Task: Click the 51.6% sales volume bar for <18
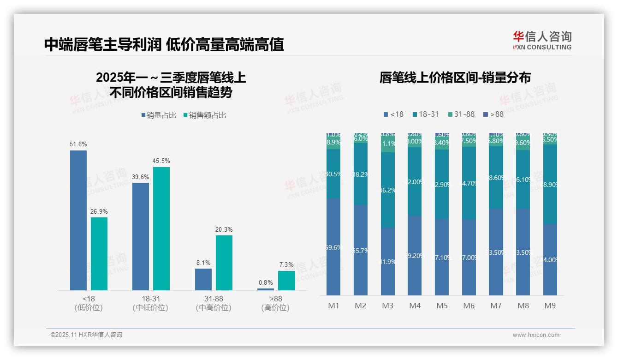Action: click(x=78, y=220)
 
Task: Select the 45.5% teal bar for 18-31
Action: click(x=161, y=228)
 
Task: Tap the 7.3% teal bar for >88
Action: click(x=286, y=280)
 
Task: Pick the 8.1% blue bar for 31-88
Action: click(x=203, y=279)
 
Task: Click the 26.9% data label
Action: click(x=99, y=211)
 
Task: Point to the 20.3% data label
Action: click(x=224, y=229)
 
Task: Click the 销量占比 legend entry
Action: click(x=159, y=115)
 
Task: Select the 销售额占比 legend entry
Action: click(x=205, y=115)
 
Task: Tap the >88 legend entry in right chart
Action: click(x=493, y=114)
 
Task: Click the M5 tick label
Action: click(x=442, y=306)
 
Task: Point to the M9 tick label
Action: click(x=550, y=306)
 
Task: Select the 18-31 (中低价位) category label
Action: click(x=150, y=303)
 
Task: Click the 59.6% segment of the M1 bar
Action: click(x=333, y=247)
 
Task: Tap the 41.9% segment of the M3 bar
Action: click(x=387, y=261)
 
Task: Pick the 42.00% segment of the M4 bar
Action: click(x=415, y=181)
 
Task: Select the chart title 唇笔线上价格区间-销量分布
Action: click(x=455, y=78)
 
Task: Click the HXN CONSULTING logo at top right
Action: click(x=542, y=40)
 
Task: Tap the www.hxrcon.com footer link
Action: click(x=536, y=335)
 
